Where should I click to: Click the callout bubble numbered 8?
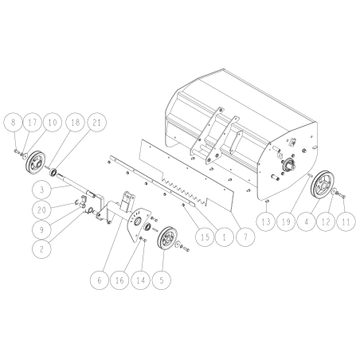(x=13, y=123)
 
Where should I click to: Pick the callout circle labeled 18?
(x=74, y=123)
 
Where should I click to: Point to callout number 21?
(x=96, y=123)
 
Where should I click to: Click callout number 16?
(x=121, y=280)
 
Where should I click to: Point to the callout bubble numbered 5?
(x=165, y=280)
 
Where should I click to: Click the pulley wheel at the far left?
(x=37, y=163)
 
